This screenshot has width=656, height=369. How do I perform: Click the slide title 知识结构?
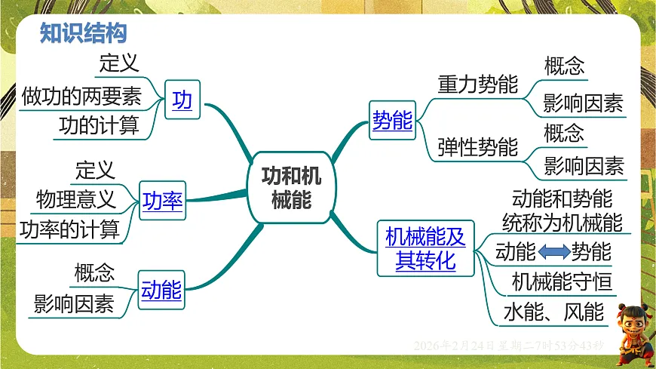click(x=83, y=33)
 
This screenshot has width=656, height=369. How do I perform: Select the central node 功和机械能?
click(x=291, y=188)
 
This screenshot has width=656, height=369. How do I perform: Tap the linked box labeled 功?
click(x=182, y=100)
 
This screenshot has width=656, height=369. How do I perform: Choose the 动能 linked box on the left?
click(x=161, y=289)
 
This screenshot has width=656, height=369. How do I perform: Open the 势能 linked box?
click(x=392, y=120)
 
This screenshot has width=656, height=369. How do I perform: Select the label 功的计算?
click(x=99, y=126)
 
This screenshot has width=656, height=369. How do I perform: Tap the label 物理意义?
click(x=75, y=199)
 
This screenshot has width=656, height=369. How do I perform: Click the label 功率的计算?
click(x=69, y=229)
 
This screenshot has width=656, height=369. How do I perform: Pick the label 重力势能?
click(x=478, y=85)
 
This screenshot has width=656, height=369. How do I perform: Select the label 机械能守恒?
click(x=562, y=281)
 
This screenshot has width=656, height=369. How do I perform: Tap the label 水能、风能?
click(x=553, y=311)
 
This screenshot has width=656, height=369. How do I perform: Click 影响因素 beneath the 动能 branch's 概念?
click(x=74, y=304)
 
